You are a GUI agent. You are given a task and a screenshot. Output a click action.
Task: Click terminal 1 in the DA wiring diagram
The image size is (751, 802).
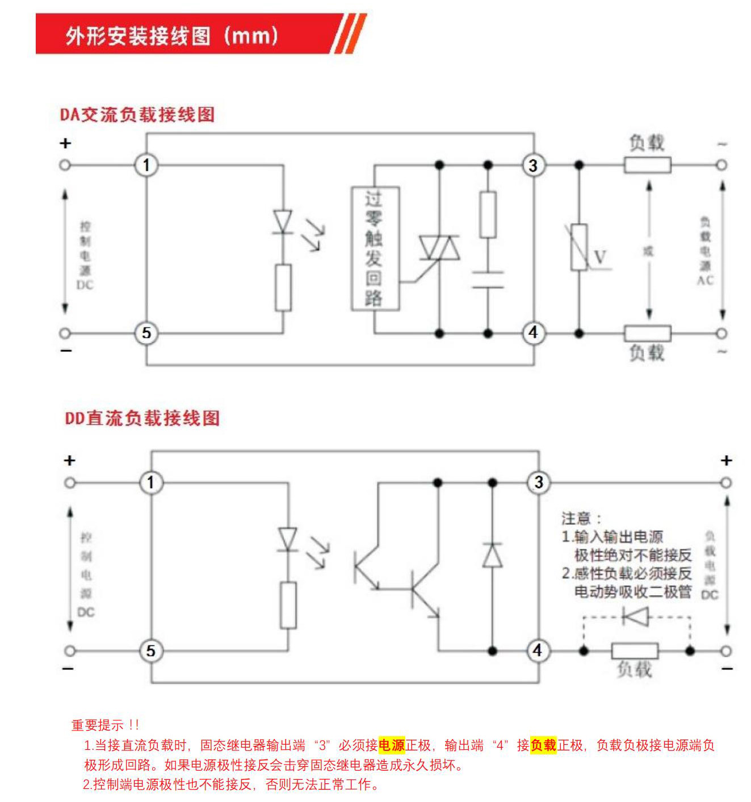pyautogui.click(x=146, y=165)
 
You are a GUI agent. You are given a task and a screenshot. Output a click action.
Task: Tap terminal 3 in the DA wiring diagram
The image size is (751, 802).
pyautogui.click(x=532, y=165)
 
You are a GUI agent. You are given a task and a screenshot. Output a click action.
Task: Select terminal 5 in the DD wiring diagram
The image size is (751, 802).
pyautogui.click(x=150, y=650)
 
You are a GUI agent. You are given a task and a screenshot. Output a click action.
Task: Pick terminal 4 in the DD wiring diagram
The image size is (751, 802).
pyautogui.click(x=537, y=650)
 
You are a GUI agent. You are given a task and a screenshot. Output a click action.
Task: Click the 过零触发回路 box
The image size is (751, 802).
pyautogui.click(x=375, y=249)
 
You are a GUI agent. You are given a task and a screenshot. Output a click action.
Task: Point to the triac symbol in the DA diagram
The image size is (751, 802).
pyautogui.click(x=439, y=248)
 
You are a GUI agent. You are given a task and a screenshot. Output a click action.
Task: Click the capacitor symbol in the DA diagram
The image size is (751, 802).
pyautogui.click(x=488, y=280)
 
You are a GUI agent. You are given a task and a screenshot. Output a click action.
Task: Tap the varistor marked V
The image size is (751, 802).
pyautogui.click(x=579, y=247)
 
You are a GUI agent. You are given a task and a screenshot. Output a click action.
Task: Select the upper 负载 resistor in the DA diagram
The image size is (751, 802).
pyautogui.click(x=647, y=165)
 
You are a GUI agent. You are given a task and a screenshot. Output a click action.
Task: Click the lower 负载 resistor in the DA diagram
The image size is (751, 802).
pyautogui.click(x=647, y=333)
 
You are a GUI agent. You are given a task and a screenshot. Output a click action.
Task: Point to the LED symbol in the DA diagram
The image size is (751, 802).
pyautogui.click(x=283, y=221)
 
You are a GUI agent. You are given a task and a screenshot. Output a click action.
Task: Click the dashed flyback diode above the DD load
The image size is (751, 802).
pyautogui.click(x=635, y=616)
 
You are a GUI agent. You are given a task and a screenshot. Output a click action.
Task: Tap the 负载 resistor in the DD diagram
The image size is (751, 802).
pyautogui.click(x=635, y=650)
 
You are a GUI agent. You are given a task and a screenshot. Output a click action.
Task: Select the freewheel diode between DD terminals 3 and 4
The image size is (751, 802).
pyautogui.click(x=492, y=555)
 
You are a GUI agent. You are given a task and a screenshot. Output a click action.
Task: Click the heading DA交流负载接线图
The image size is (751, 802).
pyautogui.click(x=137, y=114)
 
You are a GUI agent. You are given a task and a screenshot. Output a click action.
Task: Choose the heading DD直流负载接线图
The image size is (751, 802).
pyautogui.click(x=142, y=418)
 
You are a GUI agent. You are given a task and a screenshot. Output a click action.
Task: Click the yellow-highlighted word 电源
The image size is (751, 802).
pyautogui.click(x=392, y=745)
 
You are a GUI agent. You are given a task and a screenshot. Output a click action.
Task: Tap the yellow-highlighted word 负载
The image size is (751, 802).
pyautogui.click(x=543, y=745)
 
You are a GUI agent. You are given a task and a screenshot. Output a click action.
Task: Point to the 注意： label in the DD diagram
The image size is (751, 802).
pyautogui.click(x=581, y=518)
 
